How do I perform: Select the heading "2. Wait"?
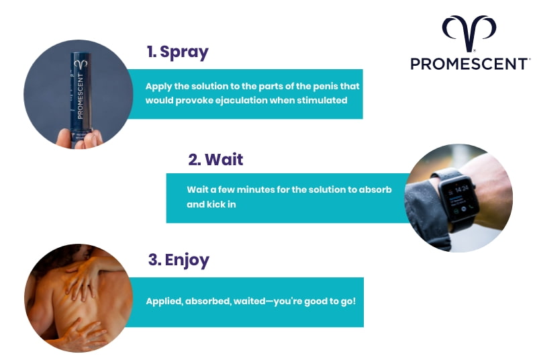(215, 160)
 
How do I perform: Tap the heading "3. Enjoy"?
(178, 260)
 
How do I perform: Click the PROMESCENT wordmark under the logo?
(469, 64)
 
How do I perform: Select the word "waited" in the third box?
(249, 301)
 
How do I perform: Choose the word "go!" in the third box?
(344, 301)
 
